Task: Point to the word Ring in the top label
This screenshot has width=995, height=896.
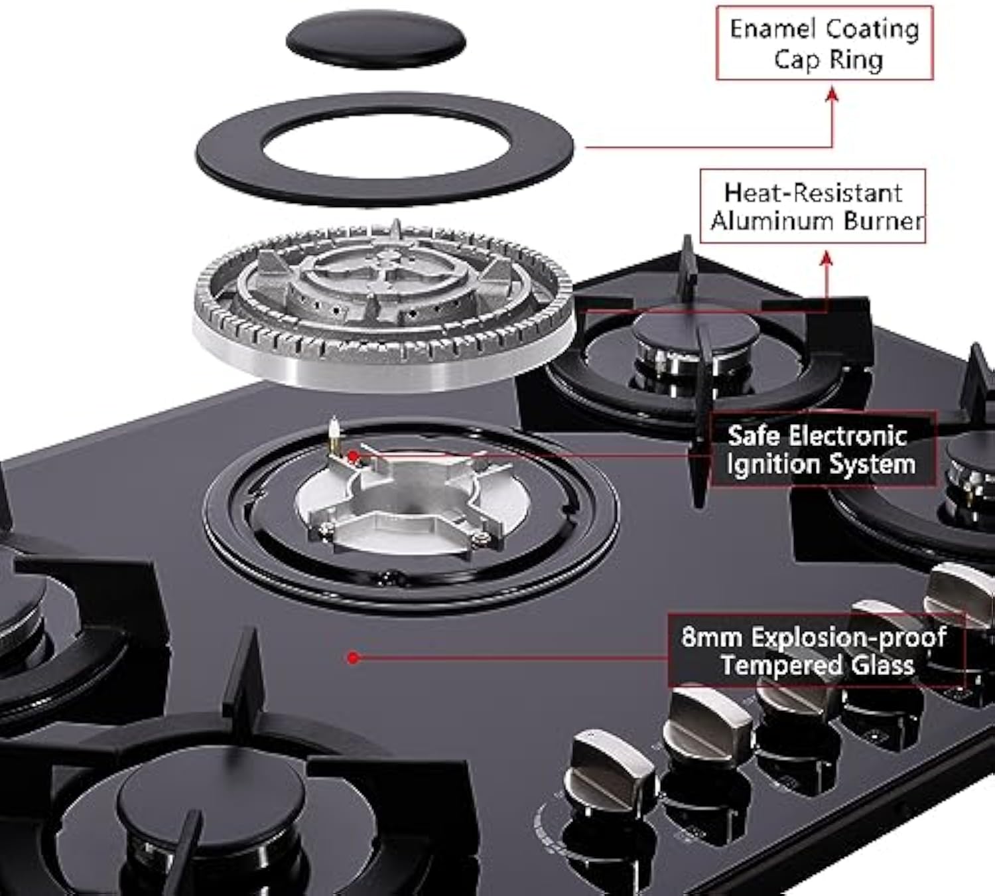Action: coord(856,60)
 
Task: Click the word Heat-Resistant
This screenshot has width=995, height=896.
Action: coord(813,193)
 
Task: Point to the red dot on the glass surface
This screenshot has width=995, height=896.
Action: coord(354,658)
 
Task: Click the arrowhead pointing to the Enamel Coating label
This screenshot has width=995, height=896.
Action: coord(832,96)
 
